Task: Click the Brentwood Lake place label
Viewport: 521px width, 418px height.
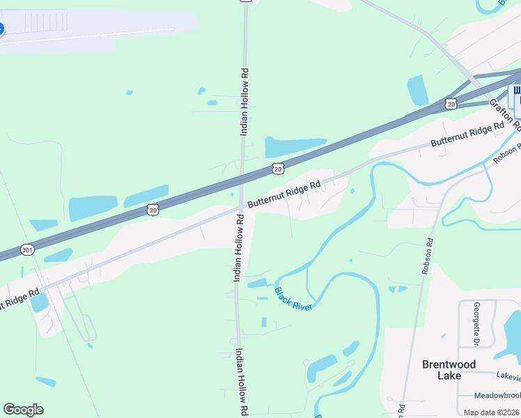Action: (x=449, y=370)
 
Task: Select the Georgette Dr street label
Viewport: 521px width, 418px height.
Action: (x=477, y=324)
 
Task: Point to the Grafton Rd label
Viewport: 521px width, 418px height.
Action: (x=504, y=114)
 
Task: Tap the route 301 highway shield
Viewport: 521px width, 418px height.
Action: (x=27, y=249)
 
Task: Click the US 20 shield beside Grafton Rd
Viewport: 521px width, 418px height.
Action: (x=451, y=104)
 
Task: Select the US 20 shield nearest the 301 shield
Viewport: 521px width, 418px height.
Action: (x=153, y=209)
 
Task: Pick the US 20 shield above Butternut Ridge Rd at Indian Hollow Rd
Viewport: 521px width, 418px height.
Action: (x=278, y=169)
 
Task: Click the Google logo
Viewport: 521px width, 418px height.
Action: (x=23, y=410)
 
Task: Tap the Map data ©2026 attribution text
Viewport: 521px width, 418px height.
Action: (x=492, y=412)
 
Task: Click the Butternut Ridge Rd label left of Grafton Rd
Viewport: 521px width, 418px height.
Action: (x=467, y=134)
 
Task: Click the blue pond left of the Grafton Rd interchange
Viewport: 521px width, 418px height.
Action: (x=417, y=90)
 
